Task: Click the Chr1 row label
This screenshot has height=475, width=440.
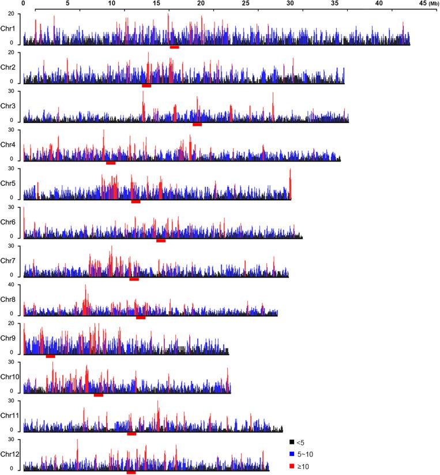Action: [8, 28]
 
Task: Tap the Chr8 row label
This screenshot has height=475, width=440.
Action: [8, 299]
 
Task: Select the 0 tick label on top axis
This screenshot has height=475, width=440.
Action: [22, 3]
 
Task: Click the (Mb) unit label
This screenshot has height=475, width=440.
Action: [434, 4]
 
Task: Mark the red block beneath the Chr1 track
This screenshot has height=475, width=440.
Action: [174, 47]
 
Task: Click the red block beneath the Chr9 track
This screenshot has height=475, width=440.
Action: [50, 357]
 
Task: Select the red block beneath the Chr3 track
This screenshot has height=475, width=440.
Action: [197, 125]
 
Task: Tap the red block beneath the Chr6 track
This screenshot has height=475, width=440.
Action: [161, 241]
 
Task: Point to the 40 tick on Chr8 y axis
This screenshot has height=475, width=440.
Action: [17, 285]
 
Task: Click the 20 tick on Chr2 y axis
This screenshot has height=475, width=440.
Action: [17, 53]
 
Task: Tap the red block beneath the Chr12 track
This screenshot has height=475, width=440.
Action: [131, 473]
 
